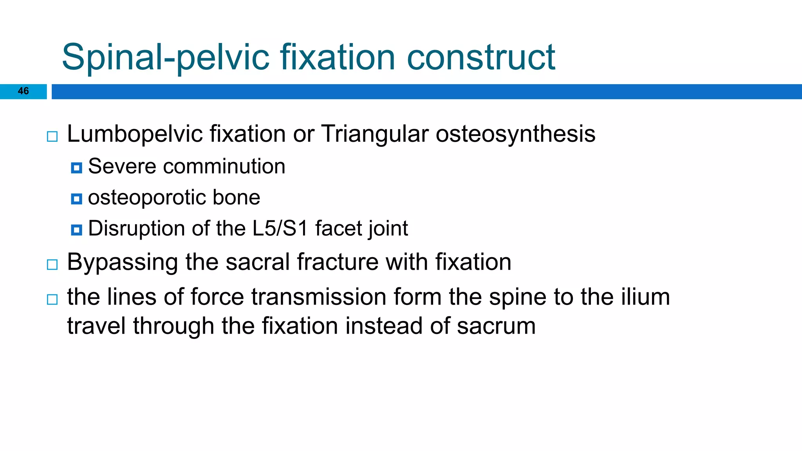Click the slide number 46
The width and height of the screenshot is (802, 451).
click(x=23, y=91)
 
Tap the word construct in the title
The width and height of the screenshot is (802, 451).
click(x=481, y=58)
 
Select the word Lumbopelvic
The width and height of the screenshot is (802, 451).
click(x=134, y=134)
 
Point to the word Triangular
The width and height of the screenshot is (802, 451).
click(x=375, y=134)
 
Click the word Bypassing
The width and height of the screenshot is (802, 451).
click(x=122, y=262)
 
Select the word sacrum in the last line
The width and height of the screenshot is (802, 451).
click(x=496, y=326)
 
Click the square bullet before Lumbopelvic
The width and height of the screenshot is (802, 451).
click(x=52, y=137)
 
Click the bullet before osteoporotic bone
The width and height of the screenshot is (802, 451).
click(x=76, y=199)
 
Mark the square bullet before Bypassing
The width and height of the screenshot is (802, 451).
click(x=52, y=265)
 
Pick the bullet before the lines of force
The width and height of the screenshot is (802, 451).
click(x=52, y=299)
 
